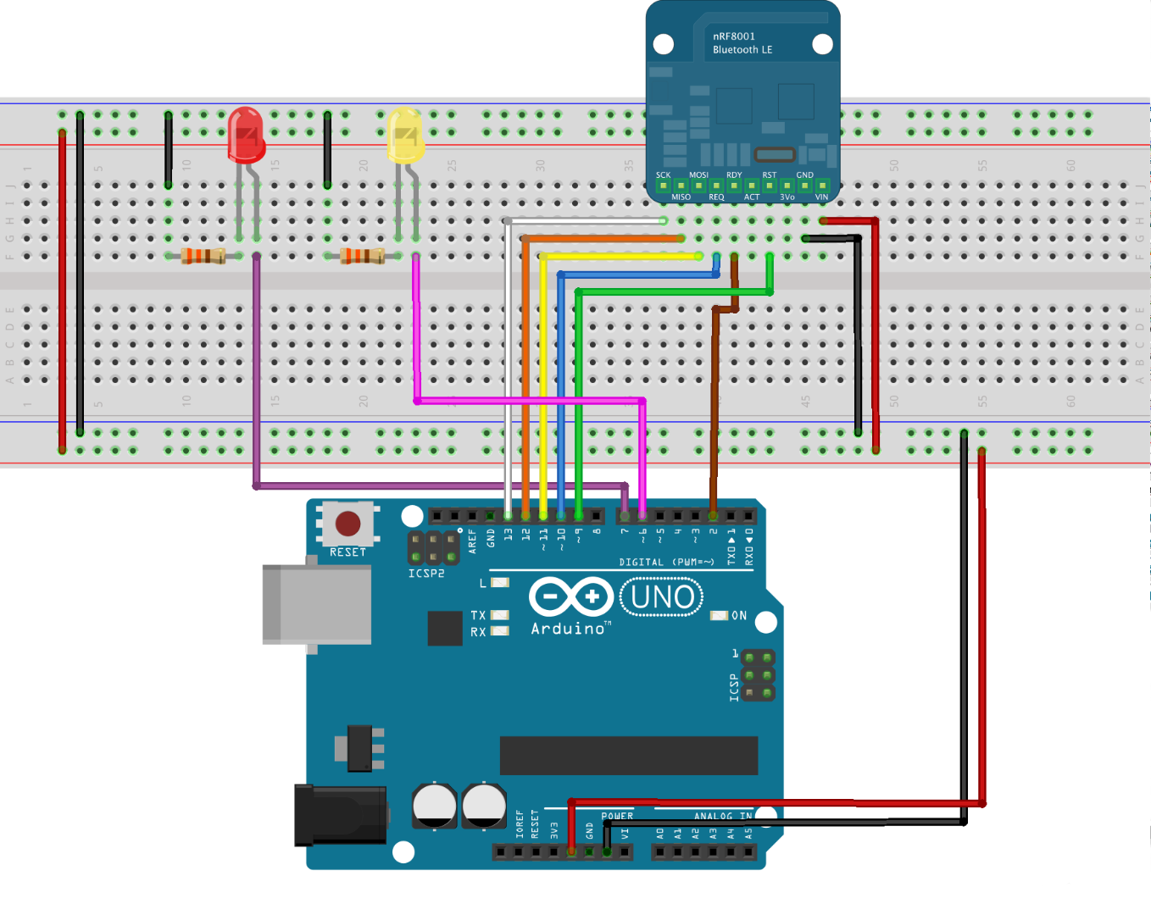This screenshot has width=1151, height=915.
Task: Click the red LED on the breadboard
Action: point(247,136)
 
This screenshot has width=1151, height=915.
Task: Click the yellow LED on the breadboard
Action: point(405,136)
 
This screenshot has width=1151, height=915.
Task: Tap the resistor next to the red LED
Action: point(203,255)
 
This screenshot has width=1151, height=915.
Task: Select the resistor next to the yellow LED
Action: point(362,255)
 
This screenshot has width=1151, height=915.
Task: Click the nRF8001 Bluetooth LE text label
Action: point(742,43)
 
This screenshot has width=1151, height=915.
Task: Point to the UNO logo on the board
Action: point(662,597)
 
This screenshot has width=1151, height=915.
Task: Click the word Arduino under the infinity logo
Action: point(568,629)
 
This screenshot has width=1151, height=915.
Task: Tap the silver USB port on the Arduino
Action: point(317,604)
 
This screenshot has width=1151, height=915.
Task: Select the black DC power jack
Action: point(340,815)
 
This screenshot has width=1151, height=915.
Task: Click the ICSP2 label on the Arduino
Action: point(426,574)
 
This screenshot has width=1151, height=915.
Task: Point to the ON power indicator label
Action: point(739,616)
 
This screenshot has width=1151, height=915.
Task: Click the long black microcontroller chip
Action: point(628,755)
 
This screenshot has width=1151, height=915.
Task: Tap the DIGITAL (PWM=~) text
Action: point(666,562)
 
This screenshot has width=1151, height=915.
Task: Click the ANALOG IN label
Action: point(722,817)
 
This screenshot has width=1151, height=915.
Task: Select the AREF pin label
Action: point(473,541)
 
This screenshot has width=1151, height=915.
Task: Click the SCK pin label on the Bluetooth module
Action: point(663,175)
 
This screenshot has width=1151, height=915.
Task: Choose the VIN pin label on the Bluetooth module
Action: point(821,197)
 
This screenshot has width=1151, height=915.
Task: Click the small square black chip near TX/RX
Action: point(445,628)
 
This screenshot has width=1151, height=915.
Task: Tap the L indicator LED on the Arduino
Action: point(499,583)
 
